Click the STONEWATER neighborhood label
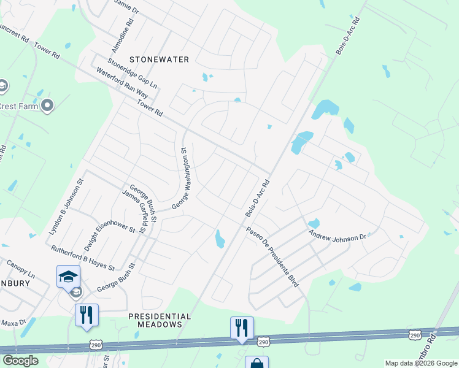click(x=159, y=59)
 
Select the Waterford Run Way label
click(x=122, y=83)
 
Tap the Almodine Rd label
click(x=121, y=36)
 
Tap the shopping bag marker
click(x=256, y=362)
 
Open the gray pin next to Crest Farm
click(x=47, y=106)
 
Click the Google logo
click(x=20, y=361)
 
